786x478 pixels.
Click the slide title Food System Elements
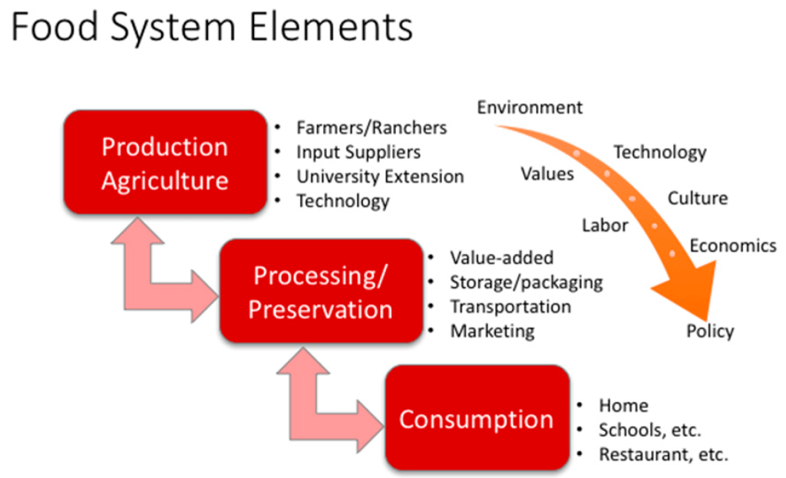(x=212, y=28)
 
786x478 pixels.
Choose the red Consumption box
(x=476, y=419)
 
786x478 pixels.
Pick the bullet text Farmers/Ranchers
(x=372, y=127)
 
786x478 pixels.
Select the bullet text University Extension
(x=380, y=176)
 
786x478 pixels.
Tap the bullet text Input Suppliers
(x=358, y=152)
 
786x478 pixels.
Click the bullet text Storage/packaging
(x=526, y=282)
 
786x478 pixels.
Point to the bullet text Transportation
(x=510, y=306)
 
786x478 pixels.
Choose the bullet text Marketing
(x=492, y=331)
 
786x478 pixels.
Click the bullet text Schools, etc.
(x=650, y=430)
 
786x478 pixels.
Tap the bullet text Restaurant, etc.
(x=663, y=454)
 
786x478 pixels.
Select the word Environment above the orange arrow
(x=530, y=107)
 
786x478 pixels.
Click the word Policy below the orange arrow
(x=710, y=331)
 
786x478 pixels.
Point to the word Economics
(x=733, y=246)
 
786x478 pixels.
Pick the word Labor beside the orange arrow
(x=605, y=226)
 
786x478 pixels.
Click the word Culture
(x=697, y=199)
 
